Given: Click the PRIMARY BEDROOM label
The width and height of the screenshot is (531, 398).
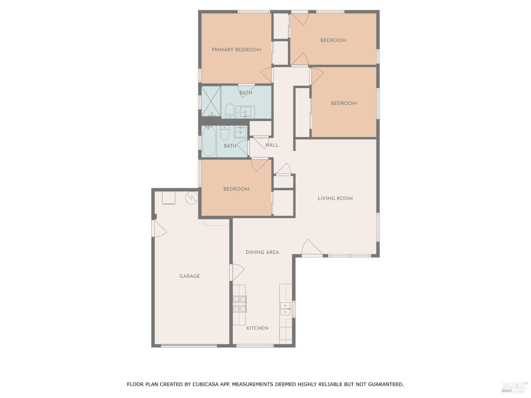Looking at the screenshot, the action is (x=236, y=50).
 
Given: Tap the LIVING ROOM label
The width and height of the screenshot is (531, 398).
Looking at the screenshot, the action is (x=335, y=198).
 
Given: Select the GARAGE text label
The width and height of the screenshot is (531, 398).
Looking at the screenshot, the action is (x=189, y=276).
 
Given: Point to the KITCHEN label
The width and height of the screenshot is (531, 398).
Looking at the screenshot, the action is (x=257, y=328).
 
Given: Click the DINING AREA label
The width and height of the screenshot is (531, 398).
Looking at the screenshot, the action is (x=262, y=252).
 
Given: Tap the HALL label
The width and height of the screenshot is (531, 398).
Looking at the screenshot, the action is (x=272, y=145).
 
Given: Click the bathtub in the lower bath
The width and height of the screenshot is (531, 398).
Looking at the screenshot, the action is (x=209, y=142).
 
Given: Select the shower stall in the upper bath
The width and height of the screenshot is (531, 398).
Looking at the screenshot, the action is (x=211, y=102).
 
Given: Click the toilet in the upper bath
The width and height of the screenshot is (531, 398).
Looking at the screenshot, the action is (x=229, y=111).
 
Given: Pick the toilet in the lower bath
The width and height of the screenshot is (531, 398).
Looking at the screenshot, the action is (x=224, y=133).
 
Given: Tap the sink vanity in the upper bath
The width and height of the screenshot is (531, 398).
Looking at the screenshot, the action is (x=245, y=112).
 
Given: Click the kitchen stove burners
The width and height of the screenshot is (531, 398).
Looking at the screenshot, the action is (x=240, y=304).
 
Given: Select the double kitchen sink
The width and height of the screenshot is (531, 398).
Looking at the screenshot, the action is (x=285, y=308).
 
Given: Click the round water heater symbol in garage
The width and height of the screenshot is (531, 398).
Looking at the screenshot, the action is (x=192, y=198).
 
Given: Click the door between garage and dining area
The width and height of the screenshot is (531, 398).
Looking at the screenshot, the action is (x=237, y=272).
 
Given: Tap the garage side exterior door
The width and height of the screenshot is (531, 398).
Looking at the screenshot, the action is (x=159, y=228).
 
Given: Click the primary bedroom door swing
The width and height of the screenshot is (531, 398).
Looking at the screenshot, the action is (x=266, y=75).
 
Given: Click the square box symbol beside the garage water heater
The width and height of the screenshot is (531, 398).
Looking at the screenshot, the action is (x=169, y=198).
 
